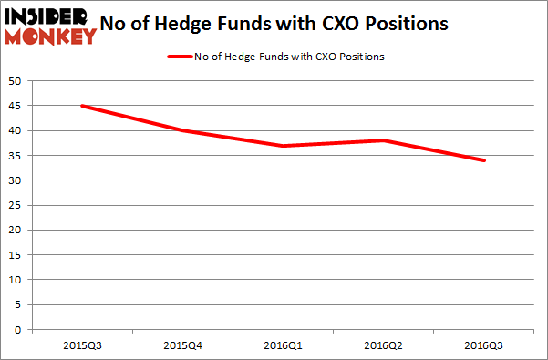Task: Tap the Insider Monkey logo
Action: point(50,26)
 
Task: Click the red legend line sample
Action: point(179,57)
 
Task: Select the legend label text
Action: point(288,57)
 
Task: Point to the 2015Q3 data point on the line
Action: point(82,106)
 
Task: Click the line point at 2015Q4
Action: point(182,130)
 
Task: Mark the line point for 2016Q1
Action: point(283,146)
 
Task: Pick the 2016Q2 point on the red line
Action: point(383,140)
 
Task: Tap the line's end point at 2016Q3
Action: point(483,160)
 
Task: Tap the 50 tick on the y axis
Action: point(16,81)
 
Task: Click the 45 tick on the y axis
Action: point(16,106)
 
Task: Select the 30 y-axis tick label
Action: point(16,180)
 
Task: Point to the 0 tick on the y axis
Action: point(19,330)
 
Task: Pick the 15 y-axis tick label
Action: point(16,255)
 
